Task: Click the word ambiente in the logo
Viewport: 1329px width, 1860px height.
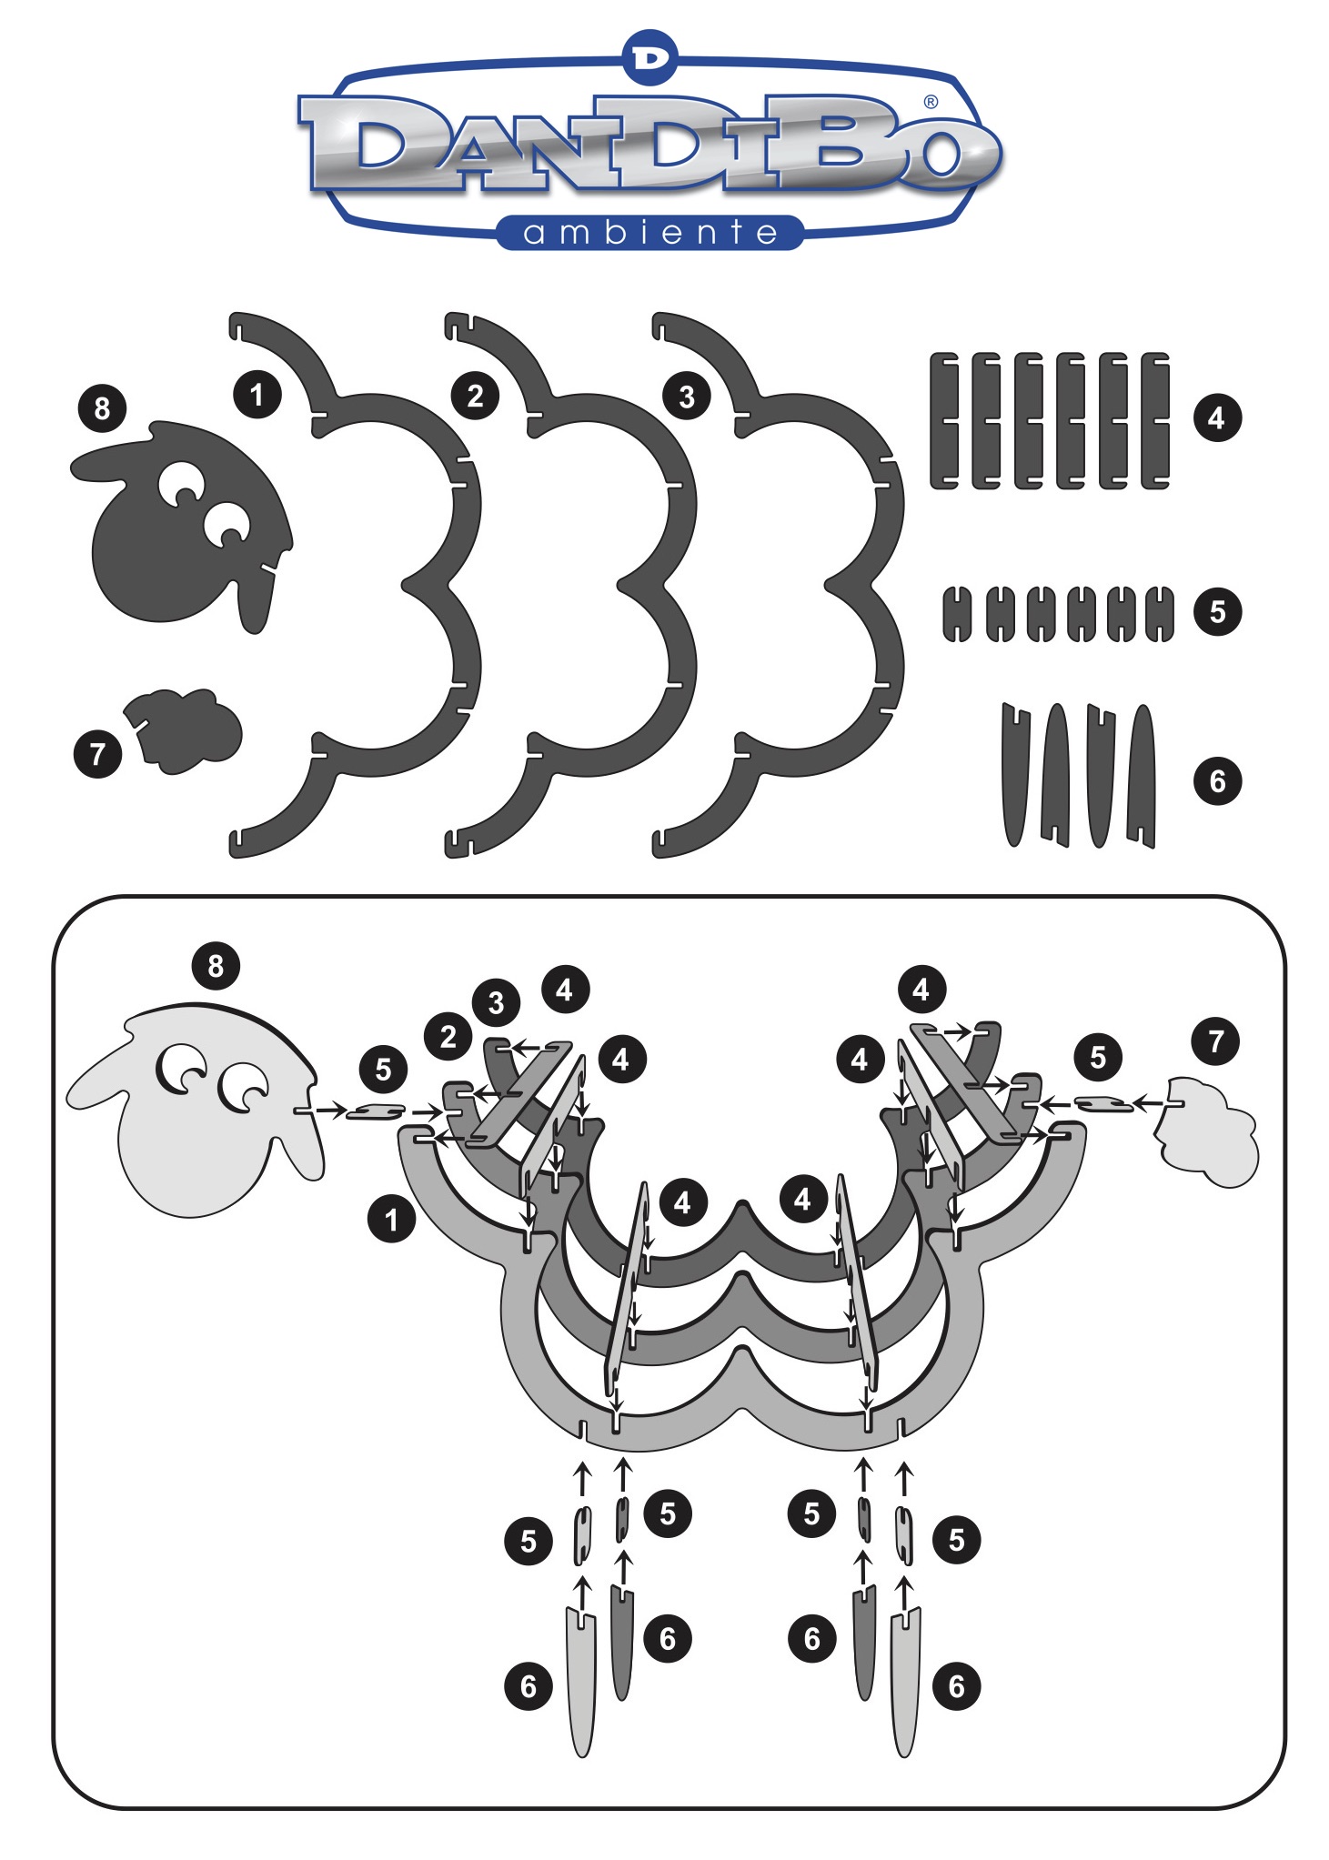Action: click(650, 233)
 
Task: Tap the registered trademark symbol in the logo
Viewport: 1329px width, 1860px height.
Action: click(931, 102)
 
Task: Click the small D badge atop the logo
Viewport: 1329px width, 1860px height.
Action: click(651, 57)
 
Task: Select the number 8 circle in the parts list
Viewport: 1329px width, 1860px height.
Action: click(102, 407)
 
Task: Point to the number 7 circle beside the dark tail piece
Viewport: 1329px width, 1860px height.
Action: click(97, 754)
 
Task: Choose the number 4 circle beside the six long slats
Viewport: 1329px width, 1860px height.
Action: click(1217, 418)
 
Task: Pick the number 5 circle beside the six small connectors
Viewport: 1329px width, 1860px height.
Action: click(1218, 611)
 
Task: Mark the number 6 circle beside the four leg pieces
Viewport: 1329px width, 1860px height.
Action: click(1218, 780)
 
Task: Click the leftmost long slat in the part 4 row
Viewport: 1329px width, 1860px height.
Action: click(944, 420)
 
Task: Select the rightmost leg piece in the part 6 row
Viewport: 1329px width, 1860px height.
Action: click(1142, 776)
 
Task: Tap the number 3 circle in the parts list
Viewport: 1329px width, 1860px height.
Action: click(687, 397)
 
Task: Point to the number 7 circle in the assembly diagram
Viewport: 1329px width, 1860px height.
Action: click(1217, 1041)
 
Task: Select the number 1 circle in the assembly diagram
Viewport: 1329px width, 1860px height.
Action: click(392, 1220)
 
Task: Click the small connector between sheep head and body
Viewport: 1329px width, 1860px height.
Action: click(375, 1111)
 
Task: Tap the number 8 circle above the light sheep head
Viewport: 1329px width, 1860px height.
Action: click(216, 966)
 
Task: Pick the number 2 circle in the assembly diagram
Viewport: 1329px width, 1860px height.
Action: click(448, 1037)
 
